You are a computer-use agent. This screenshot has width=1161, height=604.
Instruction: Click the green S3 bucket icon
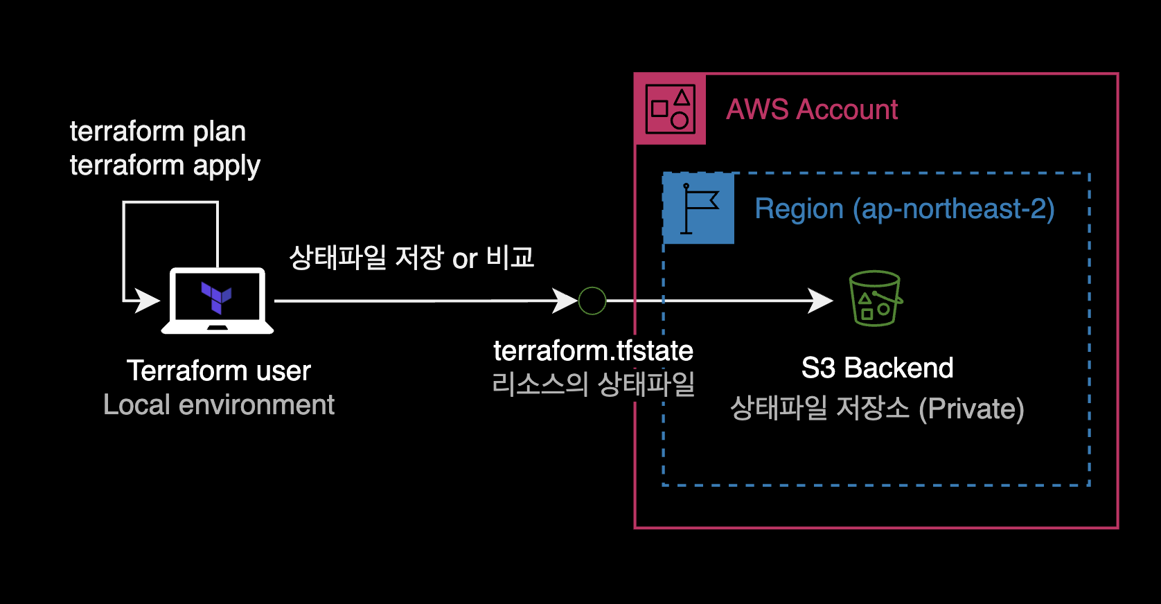(875, 299)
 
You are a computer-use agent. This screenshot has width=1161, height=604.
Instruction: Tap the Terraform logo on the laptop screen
(216, 297)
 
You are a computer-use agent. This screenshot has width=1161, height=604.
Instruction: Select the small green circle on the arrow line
(592, 301)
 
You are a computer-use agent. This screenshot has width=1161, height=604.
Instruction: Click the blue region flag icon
(698, 208)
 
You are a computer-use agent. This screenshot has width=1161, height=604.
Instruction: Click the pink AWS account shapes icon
(670, 109)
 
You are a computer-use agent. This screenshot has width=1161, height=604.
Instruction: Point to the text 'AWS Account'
(811, 109)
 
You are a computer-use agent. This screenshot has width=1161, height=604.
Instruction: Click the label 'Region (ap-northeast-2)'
(904, 209)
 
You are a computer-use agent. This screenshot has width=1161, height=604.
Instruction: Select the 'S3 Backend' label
(877, 368)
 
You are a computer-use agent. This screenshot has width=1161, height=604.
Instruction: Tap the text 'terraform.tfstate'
(593, 350)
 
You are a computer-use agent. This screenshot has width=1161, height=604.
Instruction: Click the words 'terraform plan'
(158, 131)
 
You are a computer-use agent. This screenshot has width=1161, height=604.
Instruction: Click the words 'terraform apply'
(165, 166)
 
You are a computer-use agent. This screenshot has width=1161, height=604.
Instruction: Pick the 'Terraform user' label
(218, 371)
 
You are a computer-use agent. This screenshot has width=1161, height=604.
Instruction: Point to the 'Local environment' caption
(218, 405)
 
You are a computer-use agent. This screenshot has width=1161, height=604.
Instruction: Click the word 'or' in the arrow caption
(465, 259)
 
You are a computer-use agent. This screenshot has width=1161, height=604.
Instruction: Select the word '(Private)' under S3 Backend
(971, 409)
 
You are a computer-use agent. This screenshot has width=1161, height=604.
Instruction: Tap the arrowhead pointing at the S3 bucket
(822, 301)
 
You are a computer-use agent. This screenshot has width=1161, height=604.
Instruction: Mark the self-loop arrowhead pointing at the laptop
(147, 301)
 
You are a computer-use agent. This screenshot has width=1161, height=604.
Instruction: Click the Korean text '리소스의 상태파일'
(593, 384)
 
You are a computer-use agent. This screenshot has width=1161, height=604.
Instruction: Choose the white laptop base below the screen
(218, 328)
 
